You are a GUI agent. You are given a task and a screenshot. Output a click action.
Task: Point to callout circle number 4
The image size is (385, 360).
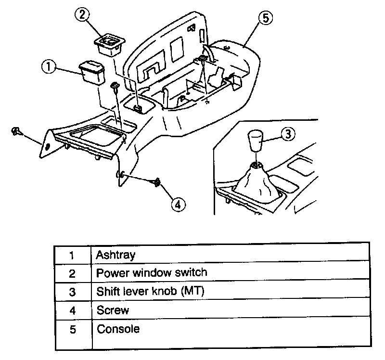(178, 204)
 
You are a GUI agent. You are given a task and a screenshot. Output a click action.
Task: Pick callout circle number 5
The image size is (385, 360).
(265, 19)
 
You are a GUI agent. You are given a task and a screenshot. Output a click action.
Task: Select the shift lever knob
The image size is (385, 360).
(256, 141)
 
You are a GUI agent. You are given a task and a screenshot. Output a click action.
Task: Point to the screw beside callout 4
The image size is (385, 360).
(157, 182)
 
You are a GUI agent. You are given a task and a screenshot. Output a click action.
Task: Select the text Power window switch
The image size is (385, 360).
(152, 273)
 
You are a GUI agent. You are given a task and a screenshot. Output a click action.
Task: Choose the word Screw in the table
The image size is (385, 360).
(113, 310)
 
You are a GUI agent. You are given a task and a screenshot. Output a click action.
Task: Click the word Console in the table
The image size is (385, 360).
(118, 329)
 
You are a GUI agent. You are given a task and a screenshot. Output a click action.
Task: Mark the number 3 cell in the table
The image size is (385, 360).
(72, 292)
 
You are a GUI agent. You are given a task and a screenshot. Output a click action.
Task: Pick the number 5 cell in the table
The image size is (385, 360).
(72, 330)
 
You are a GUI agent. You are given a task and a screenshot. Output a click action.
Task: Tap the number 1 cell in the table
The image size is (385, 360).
(72, 255)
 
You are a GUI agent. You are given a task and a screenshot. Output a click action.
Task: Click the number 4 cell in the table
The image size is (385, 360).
(72, 311)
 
